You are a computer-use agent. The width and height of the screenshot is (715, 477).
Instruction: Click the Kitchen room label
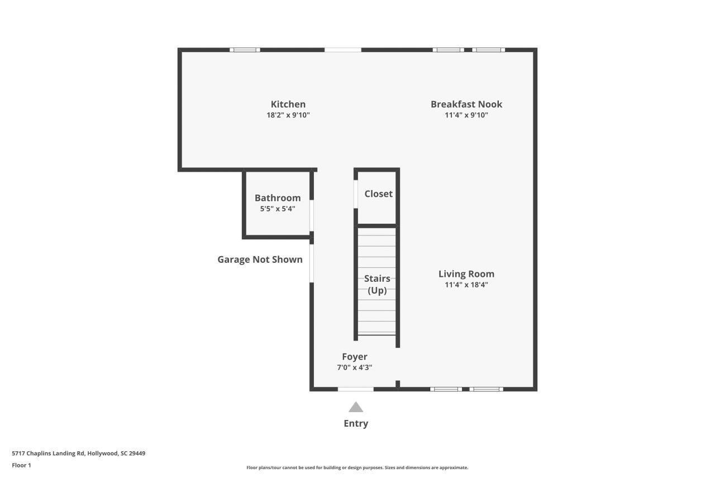[288, 104]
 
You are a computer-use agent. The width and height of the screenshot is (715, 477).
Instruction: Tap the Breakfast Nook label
[466, 104]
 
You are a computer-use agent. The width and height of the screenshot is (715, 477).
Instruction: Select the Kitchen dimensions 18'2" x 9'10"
[288, 115]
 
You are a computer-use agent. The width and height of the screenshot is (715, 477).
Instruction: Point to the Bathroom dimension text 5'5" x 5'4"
[277, 209]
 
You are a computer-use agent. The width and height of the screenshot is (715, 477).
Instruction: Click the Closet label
[378, 194]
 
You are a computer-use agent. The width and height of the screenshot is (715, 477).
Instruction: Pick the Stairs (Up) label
[377, 284]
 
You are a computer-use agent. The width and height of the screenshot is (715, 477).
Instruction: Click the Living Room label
[466, 274]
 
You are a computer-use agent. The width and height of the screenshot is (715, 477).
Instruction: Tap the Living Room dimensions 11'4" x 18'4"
[466, 285]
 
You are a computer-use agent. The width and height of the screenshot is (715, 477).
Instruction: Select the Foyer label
[355, 357]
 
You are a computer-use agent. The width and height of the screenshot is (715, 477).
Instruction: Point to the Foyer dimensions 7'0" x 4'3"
[355, 367]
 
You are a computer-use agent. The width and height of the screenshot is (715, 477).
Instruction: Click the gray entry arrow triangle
[356, 407]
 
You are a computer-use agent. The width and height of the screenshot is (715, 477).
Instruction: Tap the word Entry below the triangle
[356, 423]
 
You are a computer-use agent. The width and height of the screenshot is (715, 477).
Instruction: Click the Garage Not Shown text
[260, 259]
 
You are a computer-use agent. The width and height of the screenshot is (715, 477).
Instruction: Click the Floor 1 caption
[21, 465]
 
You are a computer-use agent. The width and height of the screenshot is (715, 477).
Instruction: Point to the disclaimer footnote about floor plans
[357, 467]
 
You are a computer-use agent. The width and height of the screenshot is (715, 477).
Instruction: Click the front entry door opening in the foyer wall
[356, 389]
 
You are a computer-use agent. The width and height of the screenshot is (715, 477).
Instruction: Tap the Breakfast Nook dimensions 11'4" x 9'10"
[466, 115]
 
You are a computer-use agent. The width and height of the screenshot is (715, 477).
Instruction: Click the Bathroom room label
[277, 198]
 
